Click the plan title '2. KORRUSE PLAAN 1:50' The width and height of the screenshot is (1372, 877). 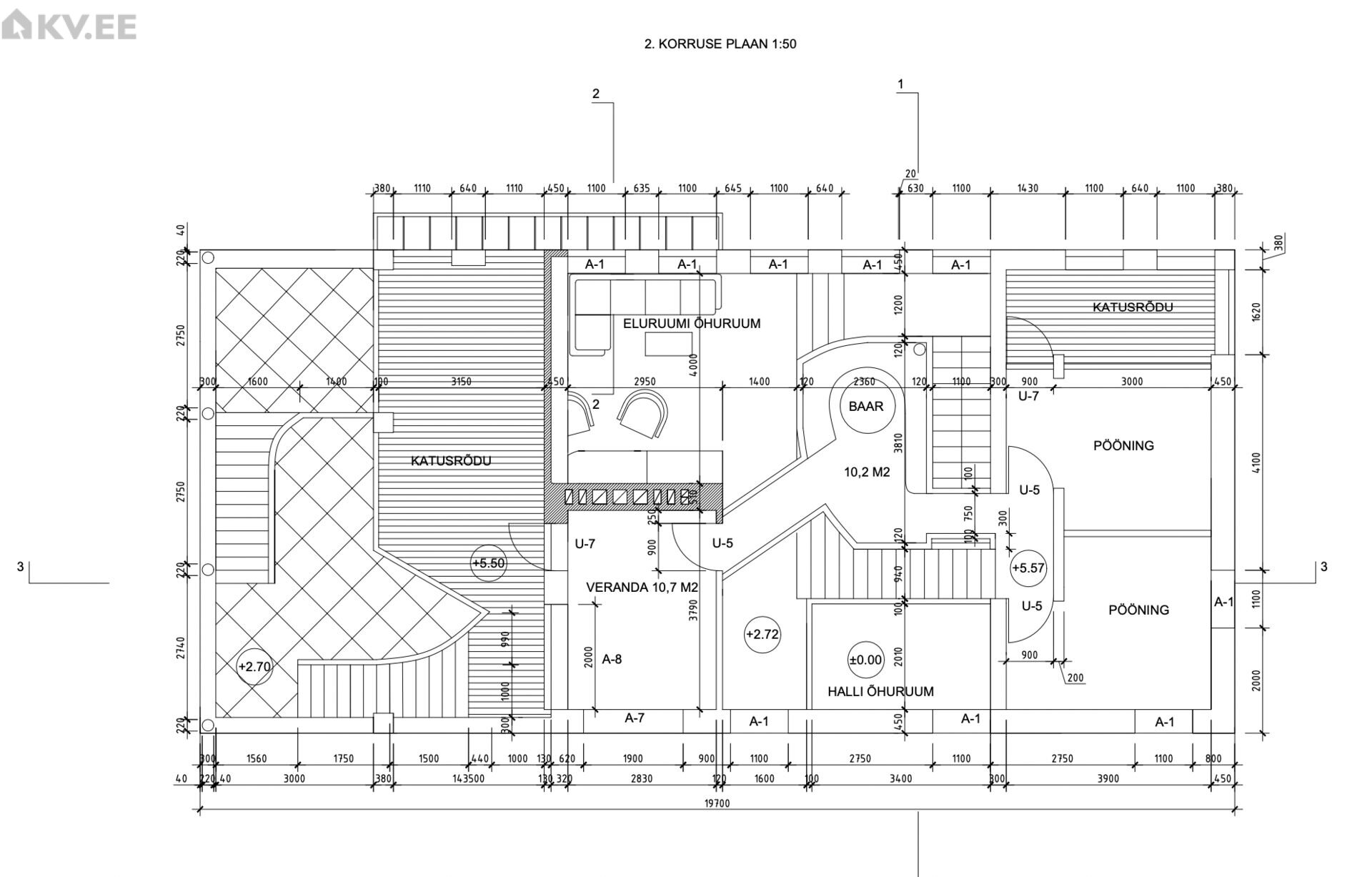720,44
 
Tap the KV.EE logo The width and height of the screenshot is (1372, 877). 69,27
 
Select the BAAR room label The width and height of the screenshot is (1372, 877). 866,406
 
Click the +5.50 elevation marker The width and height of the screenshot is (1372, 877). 488,563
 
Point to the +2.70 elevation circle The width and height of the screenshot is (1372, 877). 254,667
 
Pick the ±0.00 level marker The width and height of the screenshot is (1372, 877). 865,660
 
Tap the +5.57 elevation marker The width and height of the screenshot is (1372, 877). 1028,568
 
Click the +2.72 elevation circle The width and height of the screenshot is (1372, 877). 762,634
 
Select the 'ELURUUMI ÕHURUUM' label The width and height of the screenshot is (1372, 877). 692,323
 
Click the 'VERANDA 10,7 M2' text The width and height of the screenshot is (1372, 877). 642,588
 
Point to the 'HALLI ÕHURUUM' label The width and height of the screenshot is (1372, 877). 880,691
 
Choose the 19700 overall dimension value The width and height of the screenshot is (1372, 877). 717,803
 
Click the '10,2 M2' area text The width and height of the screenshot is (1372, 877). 867,472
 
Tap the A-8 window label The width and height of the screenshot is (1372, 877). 612,659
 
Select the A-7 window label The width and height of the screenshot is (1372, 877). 635,718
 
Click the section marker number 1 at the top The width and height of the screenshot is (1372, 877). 900,84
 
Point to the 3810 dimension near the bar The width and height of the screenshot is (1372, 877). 899,446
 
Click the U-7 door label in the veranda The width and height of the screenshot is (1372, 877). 585,544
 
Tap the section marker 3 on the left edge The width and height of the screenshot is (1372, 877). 21,567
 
